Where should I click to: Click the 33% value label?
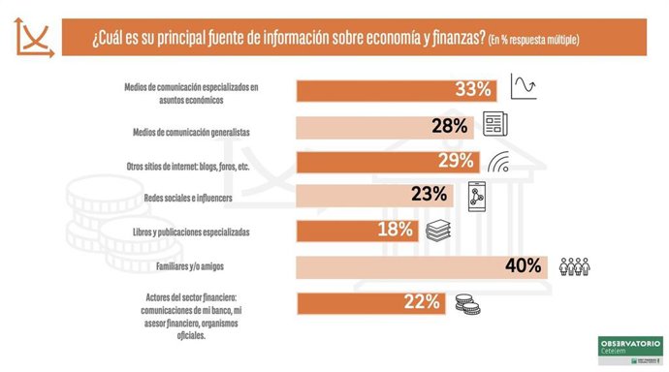474,90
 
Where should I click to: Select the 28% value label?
451,126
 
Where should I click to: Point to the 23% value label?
429,195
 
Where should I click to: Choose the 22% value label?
424,303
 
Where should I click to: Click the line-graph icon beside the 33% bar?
524,88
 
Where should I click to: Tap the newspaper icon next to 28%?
495,125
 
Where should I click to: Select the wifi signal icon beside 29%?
498,162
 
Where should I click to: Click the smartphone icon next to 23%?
476,195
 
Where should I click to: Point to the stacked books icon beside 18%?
439,231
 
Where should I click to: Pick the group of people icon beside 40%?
575,265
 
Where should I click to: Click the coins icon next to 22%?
468,304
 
